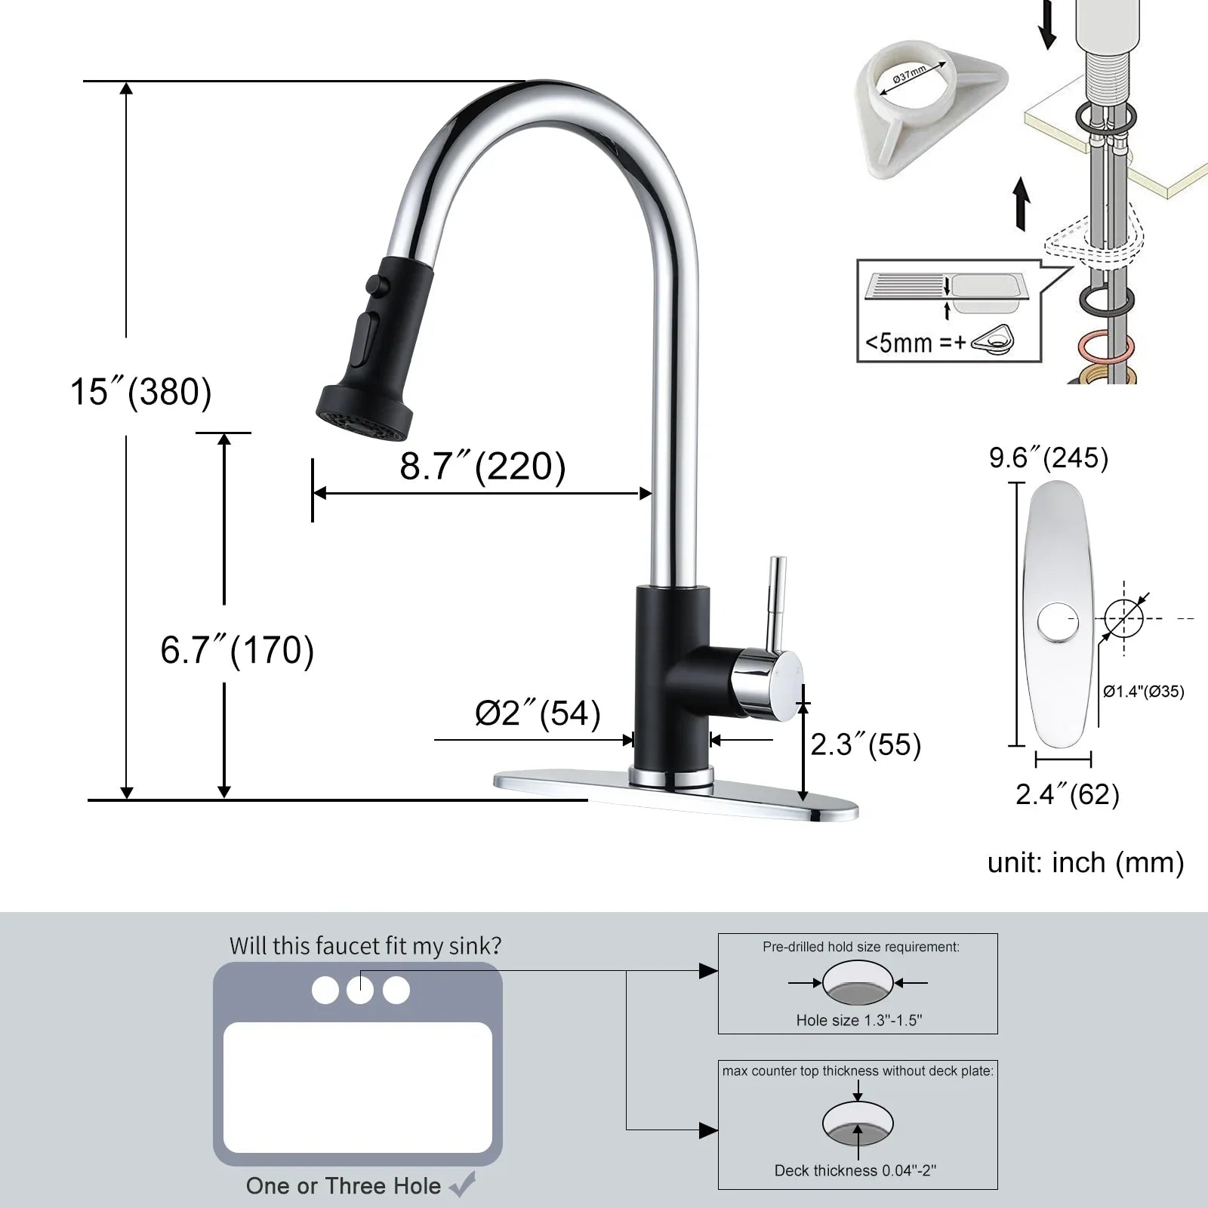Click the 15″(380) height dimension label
[x=141, y=391]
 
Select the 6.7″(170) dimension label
[x=237, y=649]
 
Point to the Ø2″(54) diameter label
[x=538, y=713]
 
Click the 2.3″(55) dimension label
[x=866, y=744]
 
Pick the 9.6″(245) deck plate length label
[x=1049, y=458]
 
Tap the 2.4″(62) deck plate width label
[x=1067, y=794]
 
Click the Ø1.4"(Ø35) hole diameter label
[x=1143, y=691]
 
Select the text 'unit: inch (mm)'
[x=1086, y=862]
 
